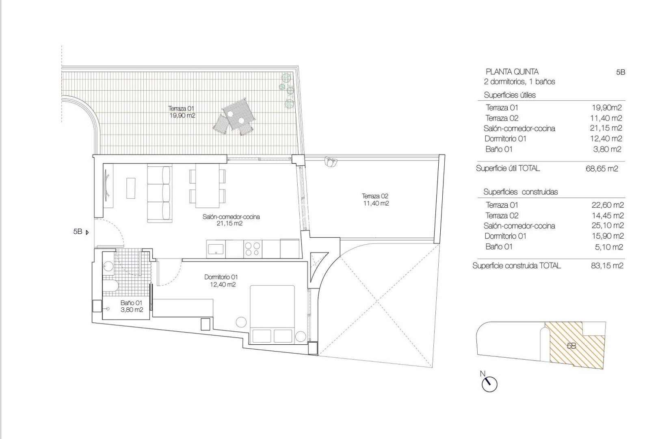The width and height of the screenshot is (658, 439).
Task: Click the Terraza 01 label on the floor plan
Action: coord(182,112)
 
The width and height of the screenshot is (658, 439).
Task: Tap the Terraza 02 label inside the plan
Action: coord(376,200)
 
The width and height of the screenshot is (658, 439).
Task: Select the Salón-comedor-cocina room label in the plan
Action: coord(231,220)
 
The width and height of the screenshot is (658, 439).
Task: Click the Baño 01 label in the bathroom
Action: coord(132,306)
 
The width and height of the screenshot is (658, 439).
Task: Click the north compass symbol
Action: coord(489,383)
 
